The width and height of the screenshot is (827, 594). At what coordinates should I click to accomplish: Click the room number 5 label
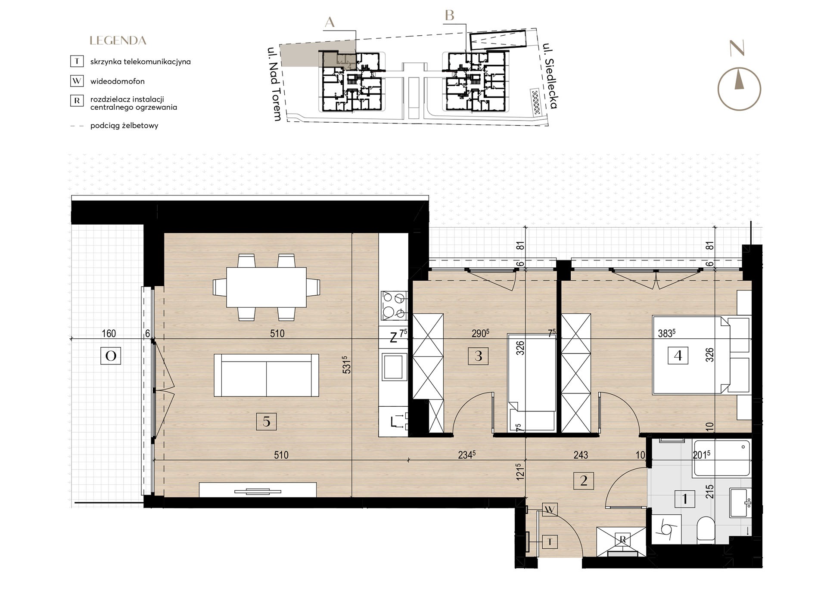266,421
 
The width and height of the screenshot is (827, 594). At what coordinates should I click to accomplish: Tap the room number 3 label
478,356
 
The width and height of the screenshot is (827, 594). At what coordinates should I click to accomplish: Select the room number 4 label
678,356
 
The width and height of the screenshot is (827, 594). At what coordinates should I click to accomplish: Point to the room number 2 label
584,480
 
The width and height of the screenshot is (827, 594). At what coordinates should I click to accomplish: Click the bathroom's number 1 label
685,499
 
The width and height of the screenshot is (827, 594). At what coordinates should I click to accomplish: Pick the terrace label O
111,356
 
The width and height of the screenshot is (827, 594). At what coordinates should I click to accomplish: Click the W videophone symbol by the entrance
550,510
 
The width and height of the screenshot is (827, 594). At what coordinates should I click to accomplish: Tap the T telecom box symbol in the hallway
550,541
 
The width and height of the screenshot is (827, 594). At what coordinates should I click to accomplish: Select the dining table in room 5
266,287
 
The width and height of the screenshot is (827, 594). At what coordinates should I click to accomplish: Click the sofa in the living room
266,375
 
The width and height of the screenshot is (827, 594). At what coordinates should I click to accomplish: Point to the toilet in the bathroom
706,529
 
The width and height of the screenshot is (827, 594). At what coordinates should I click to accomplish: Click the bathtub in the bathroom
721,458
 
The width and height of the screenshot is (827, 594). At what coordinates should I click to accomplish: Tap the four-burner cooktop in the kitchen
394,305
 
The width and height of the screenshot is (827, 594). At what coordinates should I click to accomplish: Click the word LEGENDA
118,41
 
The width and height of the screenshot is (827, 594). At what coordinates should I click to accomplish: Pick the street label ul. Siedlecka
550,76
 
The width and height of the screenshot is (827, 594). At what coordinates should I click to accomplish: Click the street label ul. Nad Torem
274,84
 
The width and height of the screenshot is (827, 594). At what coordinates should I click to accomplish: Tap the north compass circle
739,90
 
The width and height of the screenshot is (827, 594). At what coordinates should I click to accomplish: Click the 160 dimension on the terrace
109,334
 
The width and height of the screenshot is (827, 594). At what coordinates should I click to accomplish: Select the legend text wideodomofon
117,81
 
